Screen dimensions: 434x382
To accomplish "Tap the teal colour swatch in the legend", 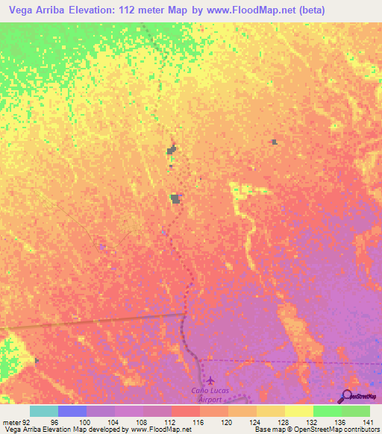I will click(x=44, y=411).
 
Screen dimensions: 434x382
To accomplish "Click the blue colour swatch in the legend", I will click(x=72, y=411).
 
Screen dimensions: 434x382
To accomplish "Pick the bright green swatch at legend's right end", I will click(x=356, y=411).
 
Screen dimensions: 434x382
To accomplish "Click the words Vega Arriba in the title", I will click(x=34, y=10).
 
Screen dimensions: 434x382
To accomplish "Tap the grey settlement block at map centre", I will click(x=175, y=198).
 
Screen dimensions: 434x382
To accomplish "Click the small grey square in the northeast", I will click(x=275, y=141).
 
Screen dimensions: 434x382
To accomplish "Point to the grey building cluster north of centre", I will click(x=172, y=151).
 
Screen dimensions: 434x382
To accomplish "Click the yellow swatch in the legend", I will click(x=299, y=411).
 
